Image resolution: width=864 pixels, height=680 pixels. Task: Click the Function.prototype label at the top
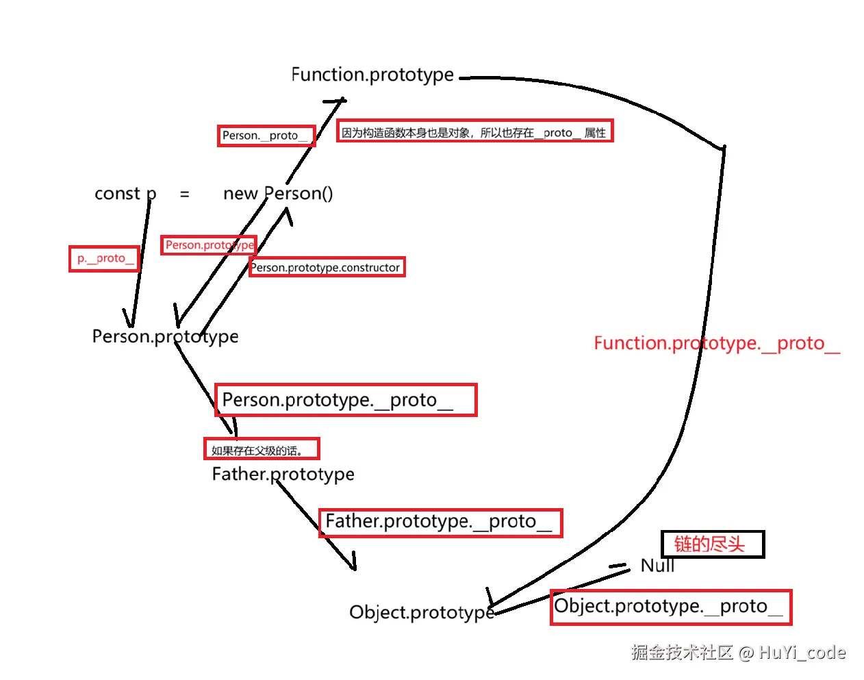(x=372, y=75)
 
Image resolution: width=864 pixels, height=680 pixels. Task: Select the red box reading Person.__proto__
(x=266, y=136)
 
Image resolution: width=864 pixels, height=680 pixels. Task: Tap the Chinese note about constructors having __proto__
(x=475, y=131)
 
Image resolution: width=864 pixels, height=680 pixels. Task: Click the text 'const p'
(x=125, y=194)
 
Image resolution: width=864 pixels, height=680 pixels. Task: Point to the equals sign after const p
(x=185, y=194)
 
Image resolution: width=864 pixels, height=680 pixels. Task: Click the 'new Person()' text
(x=278, y=194)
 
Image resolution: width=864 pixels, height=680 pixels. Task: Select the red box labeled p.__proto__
(x=104, y=259)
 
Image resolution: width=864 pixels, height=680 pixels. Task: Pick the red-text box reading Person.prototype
(x=209, y=245)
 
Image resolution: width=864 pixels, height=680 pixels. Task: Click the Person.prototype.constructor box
(x=327, y=267)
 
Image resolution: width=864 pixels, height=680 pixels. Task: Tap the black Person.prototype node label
(x=165, y=337)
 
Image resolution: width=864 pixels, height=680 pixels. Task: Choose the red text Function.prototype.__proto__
(x=717, y=344)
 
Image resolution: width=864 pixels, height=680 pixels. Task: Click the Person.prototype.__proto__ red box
(x=346, y=400)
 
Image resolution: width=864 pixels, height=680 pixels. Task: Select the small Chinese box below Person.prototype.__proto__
(x=262, y=449)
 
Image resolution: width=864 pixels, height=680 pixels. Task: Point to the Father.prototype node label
(x=283, y=475)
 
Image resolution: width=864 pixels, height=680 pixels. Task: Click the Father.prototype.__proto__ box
(x=441, y=523)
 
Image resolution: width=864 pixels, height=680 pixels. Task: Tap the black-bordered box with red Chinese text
(x=713, y=544)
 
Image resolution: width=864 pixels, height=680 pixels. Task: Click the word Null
(x=657, y=566)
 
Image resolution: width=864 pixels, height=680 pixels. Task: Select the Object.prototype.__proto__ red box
(x=671, y=607)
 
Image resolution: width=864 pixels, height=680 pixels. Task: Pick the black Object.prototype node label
(x=422, y=612)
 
